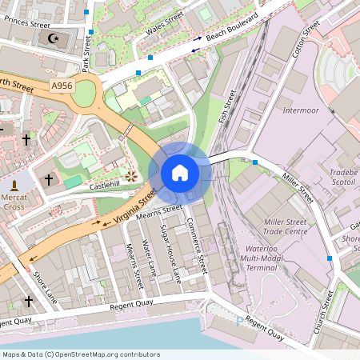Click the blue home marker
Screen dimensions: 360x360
180,172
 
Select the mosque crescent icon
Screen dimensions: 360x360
54,38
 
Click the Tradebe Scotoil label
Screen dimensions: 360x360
343,176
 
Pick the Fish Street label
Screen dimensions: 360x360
226,106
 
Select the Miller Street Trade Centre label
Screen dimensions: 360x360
286,226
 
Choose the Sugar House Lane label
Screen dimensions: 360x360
170,254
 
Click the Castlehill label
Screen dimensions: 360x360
104,185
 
